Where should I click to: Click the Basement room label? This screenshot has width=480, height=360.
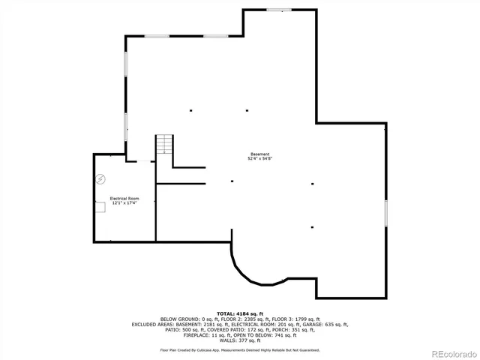tap(260, 154)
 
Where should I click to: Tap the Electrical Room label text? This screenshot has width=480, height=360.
tap(125, 199)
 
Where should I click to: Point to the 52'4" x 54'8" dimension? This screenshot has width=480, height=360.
tap(260, 159)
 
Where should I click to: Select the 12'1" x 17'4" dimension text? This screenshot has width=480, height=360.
tap(125, 203)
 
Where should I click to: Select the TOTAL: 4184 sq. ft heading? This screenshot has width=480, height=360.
tap(239, 313)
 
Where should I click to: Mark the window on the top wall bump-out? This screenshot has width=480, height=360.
tap(280, 10)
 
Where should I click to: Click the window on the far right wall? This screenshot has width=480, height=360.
tap(385, 212)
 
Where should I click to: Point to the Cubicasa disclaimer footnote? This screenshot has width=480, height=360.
tap(239, 349)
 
